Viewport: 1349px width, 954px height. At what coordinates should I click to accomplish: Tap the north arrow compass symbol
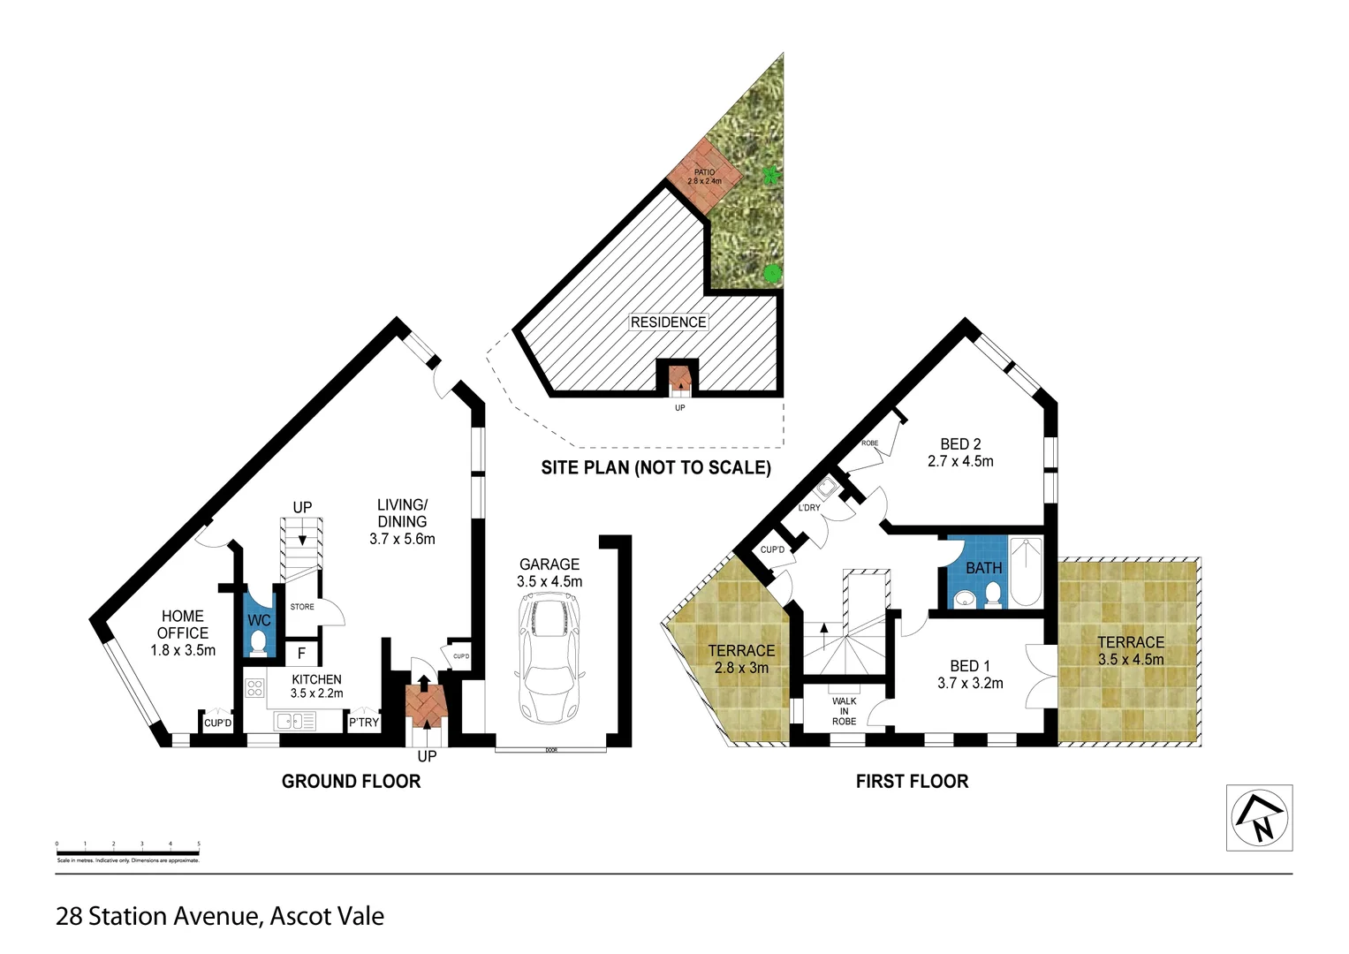pos(1259,818)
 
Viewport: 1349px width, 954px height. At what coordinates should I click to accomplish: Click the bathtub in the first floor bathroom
pos(1026,572)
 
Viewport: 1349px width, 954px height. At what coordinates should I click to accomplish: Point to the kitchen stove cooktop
pos(255,687)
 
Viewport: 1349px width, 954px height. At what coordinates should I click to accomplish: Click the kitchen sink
pos(295,722)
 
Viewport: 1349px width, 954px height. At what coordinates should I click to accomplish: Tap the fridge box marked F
pos(301,654)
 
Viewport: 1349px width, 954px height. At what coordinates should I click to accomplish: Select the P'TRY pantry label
pos(363,722)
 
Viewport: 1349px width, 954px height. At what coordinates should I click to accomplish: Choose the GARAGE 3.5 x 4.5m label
pos(549,572)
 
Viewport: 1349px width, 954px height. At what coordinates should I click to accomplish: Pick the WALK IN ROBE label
pos(844,711)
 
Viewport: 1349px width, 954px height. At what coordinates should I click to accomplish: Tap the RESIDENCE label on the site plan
pos(668,322)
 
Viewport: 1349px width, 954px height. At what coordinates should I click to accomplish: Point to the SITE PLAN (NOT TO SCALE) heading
pos(656,468)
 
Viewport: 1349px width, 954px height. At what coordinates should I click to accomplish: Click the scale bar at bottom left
pos(128,852)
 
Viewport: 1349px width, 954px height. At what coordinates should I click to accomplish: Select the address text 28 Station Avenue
pos(220,917)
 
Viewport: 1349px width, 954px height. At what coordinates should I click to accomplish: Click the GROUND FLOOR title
pos(351,781)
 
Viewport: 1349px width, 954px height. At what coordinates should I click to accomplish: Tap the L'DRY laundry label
pos(809,508)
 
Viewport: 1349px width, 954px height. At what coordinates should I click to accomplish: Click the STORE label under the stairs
pos(302,607)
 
